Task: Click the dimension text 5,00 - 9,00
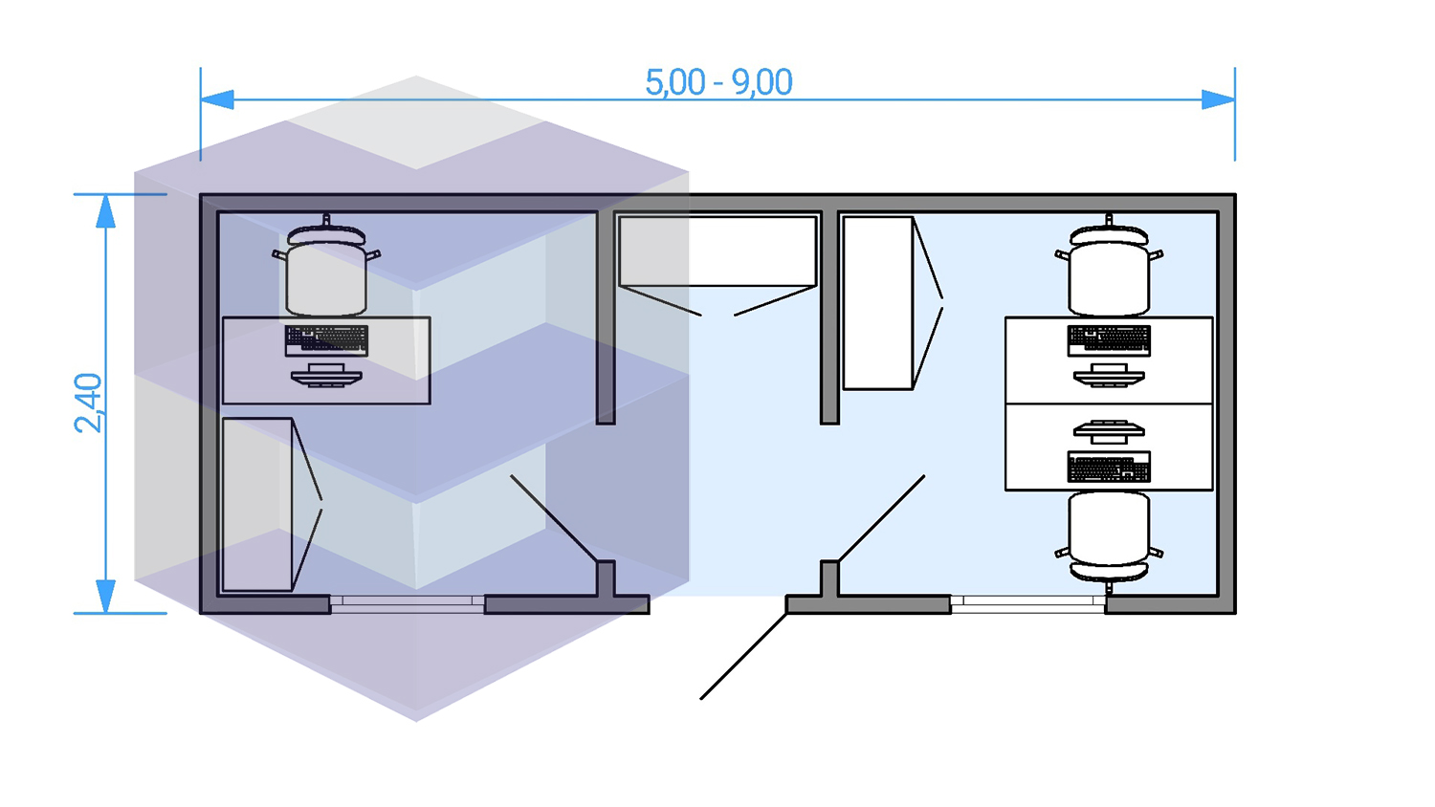[x=718, y=83]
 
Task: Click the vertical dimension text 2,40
[x=88, y=403]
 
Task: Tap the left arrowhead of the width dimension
[x=217, y=99]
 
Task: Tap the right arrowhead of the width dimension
[x=1218, y=99]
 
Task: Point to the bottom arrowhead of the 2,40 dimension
[x=106, y=596]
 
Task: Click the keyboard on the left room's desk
[x=326, y=339]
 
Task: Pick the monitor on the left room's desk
[x=326, y=375]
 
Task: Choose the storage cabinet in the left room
[x=256, y=504]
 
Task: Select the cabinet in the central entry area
[x=717, y=251]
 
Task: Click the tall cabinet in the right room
[x=877, y=302]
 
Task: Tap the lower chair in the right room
[x=1109, y=535]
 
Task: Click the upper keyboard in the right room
[x=1109, y=339]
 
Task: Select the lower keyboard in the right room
[x=1109, y=468]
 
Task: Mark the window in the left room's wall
[x=408, y=602]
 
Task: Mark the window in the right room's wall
[x=1028, y=602]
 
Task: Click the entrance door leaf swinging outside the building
[x=743, y=656]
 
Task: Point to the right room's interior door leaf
[x=881, y=518]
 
